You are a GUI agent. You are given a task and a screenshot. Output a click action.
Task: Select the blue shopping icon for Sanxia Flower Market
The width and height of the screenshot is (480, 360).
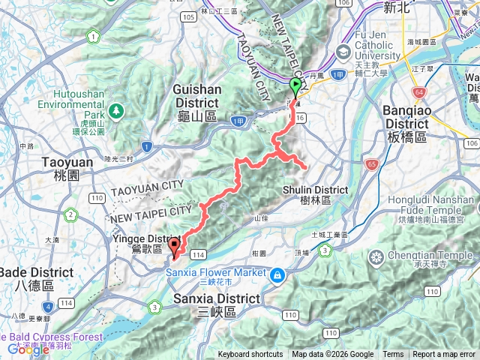pyautogui.click(x=278, y=274)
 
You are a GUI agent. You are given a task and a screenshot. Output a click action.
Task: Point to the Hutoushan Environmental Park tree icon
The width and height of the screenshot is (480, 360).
pyautogui.click(x=115, y=111)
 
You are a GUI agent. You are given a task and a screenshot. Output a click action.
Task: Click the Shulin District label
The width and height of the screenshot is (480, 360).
pyautogui.click(x=315, y=194)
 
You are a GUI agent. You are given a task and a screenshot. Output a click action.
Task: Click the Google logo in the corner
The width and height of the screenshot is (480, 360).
pyautogui.click(x=28, y=349)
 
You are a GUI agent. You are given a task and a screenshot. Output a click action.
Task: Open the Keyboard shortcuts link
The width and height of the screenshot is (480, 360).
pyautogui.click(x=251, y=355)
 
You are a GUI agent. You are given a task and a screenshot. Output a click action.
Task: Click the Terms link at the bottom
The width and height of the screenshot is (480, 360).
pyautogui.click(x=393, y=355)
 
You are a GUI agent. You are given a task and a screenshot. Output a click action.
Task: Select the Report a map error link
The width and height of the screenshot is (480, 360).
pyautogui.click(x=444, y=355)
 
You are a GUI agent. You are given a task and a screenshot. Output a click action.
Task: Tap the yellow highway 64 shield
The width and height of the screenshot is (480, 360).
pyautogui.click(x=418, y=91)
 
